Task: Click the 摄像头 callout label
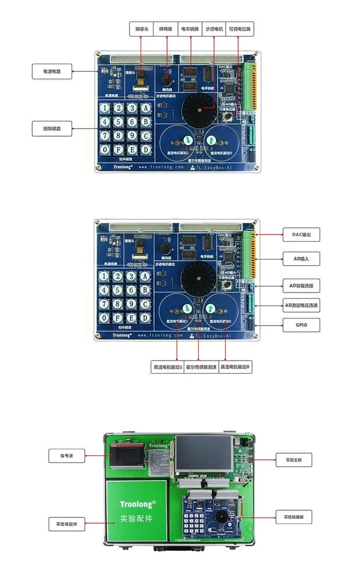pos(141,28)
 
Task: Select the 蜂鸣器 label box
pos(166,28)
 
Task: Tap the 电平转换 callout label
pos(191,28)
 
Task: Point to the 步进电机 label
pos(215,28)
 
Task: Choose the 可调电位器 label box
pos(240,28)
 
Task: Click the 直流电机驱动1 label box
pos(167,366)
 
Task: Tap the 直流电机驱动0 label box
pos(235,366)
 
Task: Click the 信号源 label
pos(67,456)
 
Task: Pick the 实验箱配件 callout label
pos(67,523)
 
